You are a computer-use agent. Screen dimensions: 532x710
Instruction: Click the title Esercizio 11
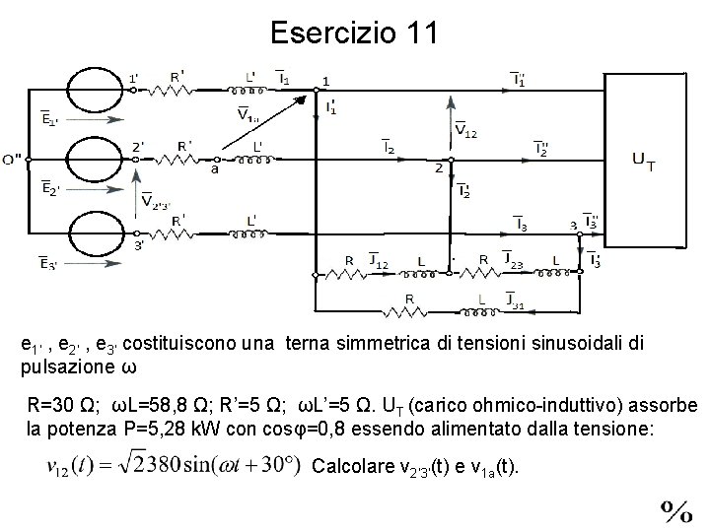tap(354, 33)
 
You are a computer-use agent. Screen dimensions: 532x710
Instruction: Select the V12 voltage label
tap(465, 130)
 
